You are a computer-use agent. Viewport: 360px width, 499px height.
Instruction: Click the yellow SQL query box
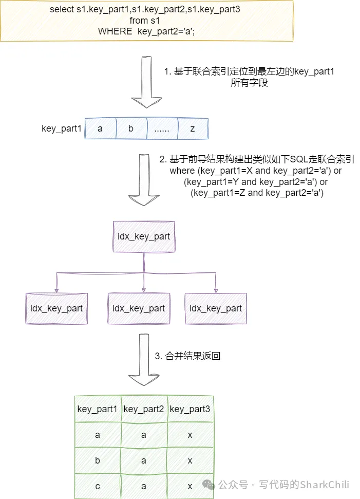tap(147, 21)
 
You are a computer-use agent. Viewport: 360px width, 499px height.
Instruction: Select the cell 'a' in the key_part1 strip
tap(100, 128)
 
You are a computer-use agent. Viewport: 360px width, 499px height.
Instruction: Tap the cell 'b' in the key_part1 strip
tap(131, 128)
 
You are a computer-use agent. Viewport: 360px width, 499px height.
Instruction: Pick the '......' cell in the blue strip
tap(162, 128)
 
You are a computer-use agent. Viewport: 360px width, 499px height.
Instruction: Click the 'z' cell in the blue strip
tap(193, 128)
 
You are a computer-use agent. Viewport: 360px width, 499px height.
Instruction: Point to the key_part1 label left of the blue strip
tap(62, 128)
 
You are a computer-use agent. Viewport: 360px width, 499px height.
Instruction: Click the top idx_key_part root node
tap(144, 236)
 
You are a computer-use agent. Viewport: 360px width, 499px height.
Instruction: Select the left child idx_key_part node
tap(56, 308)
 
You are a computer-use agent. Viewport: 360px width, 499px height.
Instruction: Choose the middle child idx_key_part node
tap(139, 308)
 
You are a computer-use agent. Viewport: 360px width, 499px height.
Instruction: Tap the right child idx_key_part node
tap(216, 308)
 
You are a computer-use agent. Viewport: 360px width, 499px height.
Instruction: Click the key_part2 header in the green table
tap(144, 409)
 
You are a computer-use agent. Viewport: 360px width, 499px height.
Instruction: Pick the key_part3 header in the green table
tap(190, 409)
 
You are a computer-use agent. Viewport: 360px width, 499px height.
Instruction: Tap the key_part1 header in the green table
tap(98, 409)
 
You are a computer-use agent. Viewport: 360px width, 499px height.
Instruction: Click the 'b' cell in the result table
tap(98, 460)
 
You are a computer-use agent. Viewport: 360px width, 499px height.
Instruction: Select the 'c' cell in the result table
tap(98, 486)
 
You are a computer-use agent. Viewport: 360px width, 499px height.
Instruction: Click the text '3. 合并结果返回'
tap(188, 356)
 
